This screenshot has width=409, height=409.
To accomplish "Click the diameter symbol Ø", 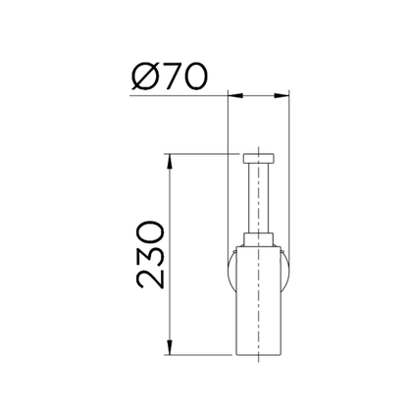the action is (x=143, y=77).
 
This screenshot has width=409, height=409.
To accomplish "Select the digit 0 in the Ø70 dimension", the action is (x=194, y=77).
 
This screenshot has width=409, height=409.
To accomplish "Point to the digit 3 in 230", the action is (x=150, y=249).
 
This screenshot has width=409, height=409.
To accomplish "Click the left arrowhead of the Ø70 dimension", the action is (x=235, y=95).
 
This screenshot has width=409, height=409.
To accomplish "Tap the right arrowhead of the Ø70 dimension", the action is (x=281, y=95).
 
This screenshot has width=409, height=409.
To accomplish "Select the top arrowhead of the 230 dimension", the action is (x=170, y=161).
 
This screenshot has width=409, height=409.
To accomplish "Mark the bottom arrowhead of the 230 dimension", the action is (x=170, y=347).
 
